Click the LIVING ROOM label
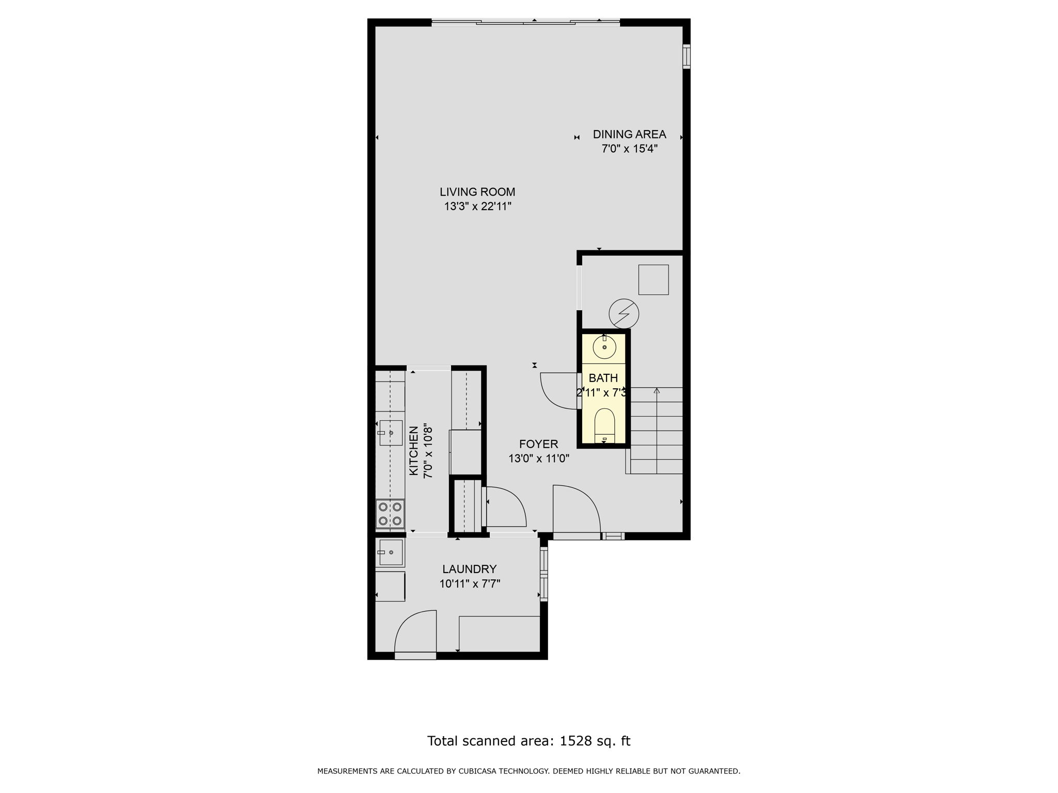tap(477, 192)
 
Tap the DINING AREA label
tap(629, 134)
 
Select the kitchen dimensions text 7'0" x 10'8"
tap(428, 451)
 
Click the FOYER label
tap(538, 444)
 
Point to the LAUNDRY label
tap(469, 569)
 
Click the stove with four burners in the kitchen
tap(390, 514)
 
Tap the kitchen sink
tap(391, 433)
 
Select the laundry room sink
tap(391, 552)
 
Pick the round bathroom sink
tap(604, 347)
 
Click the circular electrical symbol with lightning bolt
tap(624, 313)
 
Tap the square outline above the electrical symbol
tap(654, 280)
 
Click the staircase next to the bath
tap(657, 431)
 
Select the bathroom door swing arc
tap(555, 392)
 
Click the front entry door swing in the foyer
tap(576, 509)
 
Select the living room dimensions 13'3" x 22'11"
tap(477, 207)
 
